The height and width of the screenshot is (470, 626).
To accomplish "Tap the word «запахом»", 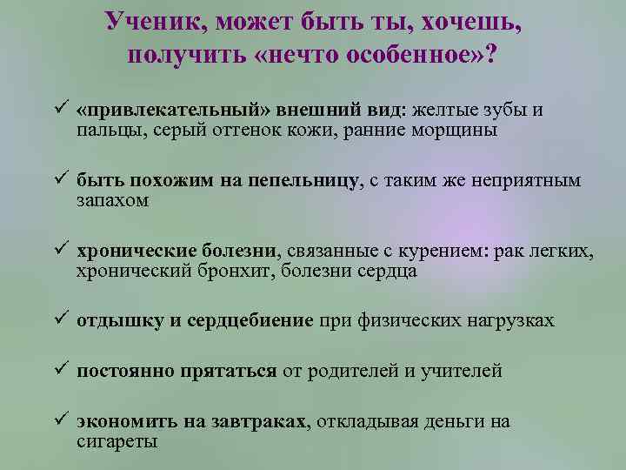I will (x=112, y=200).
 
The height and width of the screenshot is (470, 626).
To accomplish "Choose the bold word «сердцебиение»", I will (x=250, y=320).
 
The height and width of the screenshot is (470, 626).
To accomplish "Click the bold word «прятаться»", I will (x=229, y=372).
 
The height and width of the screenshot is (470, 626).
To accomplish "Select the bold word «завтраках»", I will (x=256, y=422).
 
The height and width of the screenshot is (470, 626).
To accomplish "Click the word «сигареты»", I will (x=117, y=441).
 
